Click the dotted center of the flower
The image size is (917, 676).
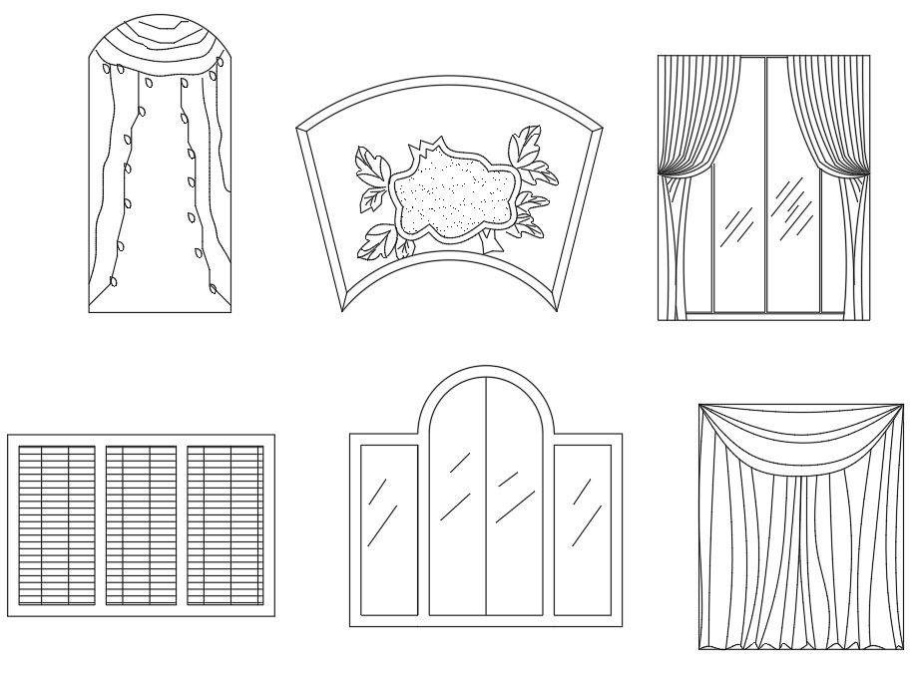coord(450,195)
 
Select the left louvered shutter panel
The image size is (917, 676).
coord(57,525)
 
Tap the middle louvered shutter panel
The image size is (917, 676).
coord(141,525)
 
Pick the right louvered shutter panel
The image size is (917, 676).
coord(226,525)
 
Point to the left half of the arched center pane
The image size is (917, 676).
coord(457,499)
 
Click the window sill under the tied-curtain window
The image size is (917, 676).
coord(763,316)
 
